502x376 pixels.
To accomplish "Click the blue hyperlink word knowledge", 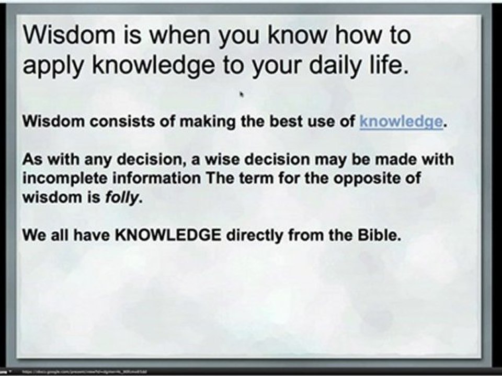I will click(x=401, y=122).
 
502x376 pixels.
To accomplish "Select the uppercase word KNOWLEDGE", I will click(x=168, y=236).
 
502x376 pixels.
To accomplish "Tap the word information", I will click(x=157, y=179).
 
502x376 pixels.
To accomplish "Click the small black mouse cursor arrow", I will click(x=242, y=95).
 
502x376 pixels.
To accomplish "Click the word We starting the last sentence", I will click(x=32, y=236).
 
